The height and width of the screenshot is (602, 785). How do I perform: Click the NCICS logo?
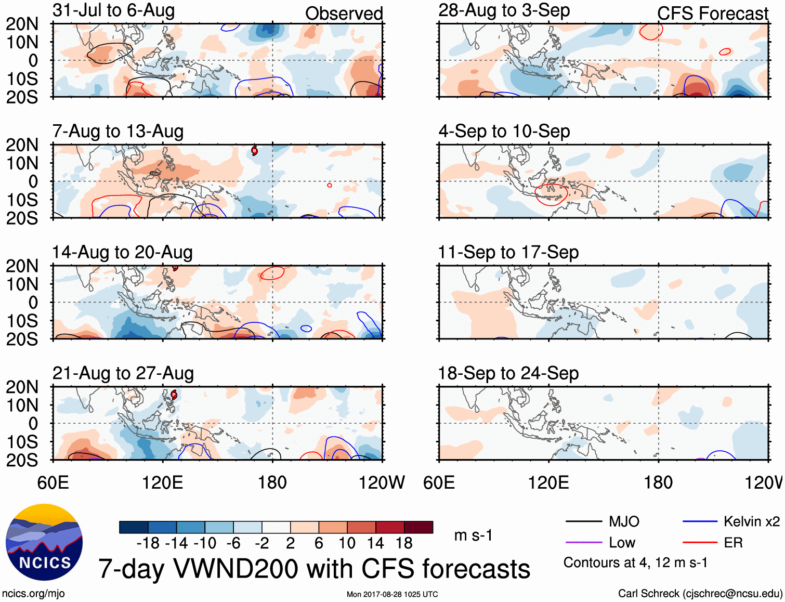44,542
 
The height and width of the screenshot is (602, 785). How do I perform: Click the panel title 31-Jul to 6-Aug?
113,10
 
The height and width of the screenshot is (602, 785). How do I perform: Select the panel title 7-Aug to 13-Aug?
118,132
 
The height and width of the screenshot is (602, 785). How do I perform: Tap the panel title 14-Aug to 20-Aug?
122,253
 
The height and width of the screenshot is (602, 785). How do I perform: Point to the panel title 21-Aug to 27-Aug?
123,373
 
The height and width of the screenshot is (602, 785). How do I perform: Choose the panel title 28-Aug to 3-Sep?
504,10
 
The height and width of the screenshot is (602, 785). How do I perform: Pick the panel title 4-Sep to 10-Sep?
504,132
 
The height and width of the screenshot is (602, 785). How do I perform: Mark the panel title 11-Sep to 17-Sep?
508,253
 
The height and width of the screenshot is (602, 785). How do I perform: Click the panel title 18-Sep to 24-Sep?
508,373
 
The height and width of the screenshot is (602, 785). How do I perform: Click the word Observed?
344,14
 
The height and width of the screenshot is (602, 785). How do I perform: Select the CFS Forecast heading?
712,14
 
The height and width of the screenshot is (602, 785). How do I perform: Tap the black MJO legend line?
583,521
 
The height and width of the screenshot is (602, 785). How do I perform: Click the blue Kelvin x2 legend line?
700,521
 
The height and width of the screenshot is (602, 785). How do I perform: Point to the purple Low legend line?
583,543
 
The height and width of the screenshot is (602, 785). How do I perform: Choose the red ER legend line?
700,543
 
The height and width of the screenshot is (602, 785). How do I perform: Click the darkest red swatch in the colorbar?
418,527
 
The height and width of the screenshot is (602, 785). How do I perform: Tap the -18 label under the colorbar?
148,543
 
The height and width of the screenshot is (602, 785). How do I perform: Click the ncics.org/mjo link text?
33,594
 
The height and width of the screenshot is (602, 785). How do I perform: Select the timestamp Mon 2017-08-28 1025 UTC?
392,594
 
